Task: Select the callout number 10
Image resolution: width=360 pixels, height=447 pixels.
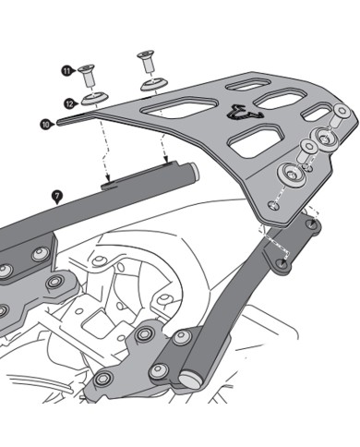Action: point(46,121)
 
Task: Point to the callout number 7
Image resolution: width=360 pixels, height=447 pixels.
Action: point(58,196)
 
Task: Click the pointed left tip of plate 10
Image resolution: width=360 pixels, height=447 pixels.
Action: point(58,120)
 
